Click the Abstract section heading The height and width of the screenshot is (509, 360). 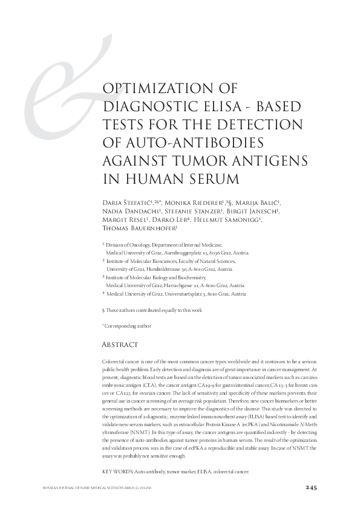(121, 345)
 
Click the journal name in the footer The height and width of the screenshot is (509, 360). (85, 487)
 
